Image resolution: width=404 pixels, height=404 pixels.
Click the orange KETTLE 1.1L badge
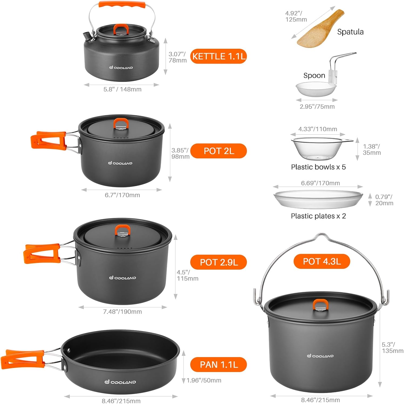tap(218, 56)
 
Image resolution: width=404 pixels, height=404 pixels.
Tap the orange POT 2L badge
tap(218, 151)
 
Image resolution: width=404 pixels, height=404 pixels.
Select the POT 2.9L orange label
tap(218, 262)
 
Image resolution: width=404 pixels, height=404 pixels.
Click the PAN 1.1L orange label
tap(218, 365)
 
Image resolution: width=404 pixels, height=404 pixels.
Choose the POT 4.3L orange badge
tap(321, 262)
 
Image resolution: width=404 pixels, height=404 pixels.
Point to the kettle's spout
tap(87, 35)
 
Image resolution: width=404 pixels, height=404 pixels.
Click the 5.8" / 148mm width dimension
tap(122, 89)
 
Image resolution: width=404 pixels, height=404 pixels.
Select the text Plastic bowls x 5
tap(318, 167)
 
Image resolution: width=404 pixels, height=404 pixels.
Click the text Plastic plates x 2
tap(318, 216)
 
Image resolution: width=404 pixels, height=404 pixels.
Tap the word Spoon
tap(314, 76)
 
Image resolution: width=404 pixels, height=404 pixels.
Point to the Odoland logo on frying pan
tap(120, 382)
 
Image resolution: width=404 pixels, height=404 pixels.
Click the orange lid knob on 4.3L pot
tap(320, 304)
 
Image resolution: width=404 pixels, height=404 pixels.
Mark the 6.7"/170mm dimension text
tap(122, 195)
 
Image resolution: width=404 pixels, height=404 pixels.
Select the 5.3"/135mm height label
tap(392, 348)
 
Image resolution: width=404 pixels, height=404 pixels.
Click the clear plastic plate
tap(318, 199)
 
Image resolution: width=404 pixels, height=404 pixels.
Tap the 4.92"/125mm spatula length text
tap(296, 16)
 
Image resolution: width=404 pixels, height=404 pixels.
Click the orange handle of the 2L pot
tap(49, 140)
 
